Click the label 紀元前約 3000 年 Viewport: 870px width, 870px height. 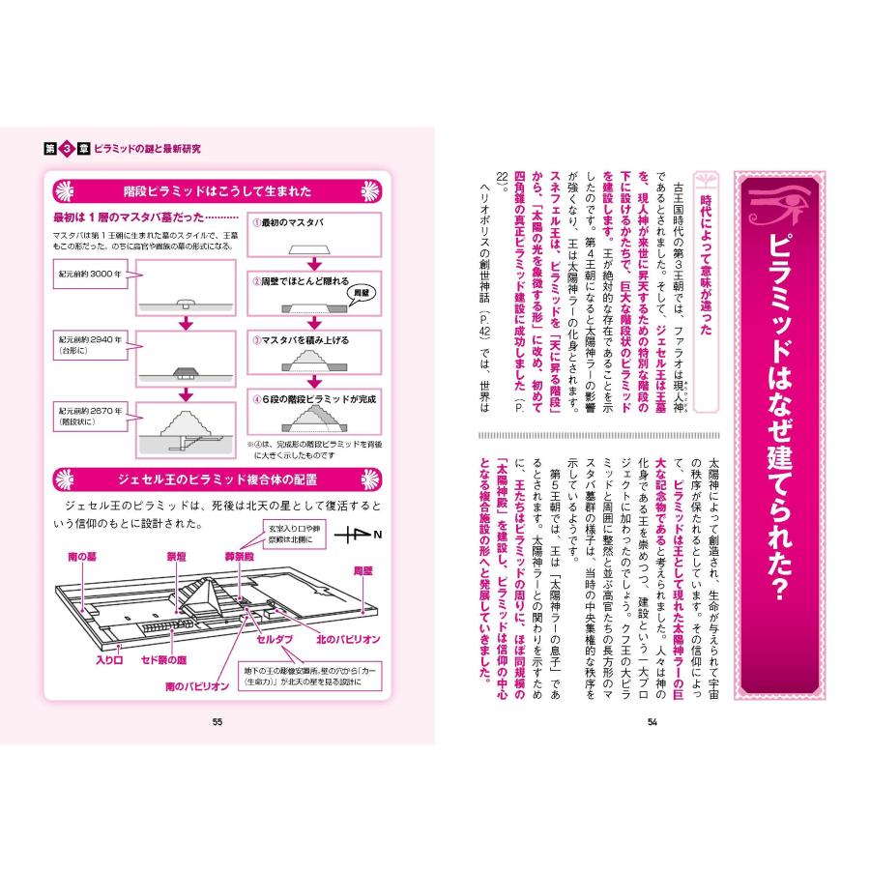[x=92, y=275]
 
